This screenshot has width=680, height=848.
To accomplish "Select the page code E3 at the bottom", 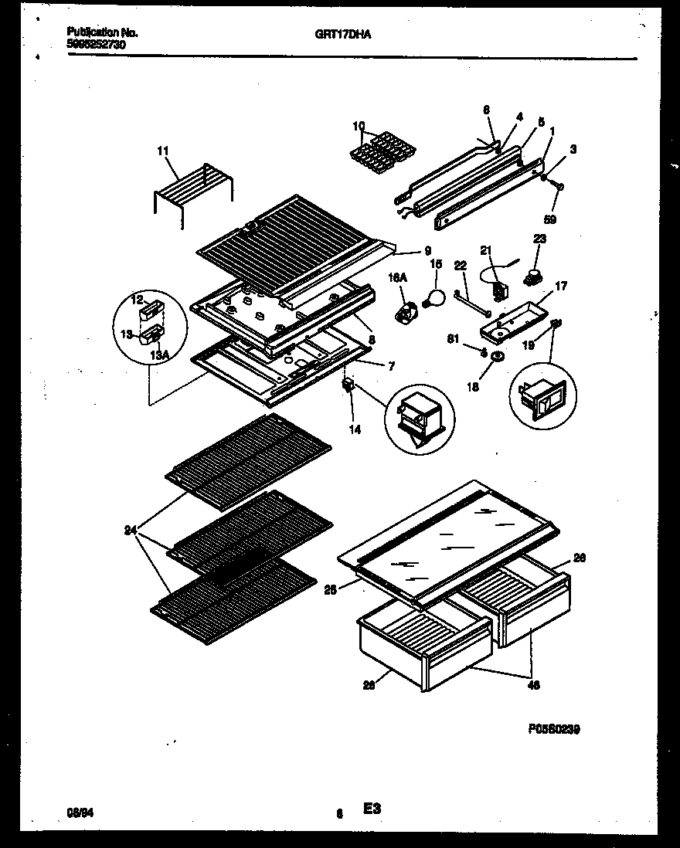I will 372,809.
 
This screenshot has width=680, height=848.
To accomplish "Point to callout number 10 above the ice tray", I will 359,125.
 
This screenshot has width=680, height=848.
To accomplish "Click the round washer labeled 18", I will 497,357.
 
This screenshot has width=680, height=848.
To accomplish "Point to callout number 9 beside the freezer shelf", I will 427,250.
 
